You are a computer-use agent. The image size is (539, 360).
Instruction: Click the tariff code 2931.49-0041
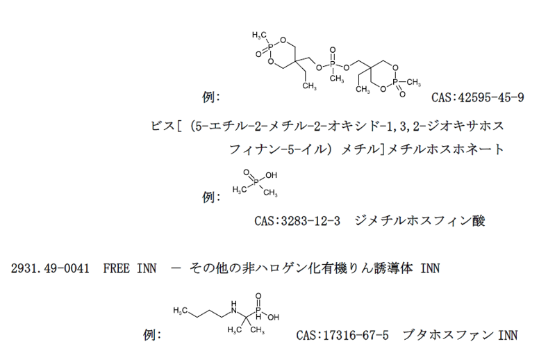coord(50,268)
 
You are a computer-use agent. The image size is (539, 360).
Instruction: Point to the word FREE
coord(116,268)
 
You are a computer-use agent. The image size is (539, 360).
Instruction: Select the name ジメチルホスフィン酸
coord(420,220)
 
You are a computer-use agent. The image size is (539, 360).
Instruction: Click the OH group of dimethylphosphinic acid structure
coord(271,175)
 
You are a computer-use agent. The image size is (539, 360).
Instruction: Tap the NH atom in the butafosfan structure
coord(234,308)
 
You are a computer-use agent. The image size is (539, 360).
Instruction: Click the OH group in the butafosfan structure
coord(273,318)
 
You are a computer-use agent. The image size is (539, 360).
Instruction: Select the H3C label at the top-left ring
coord(259,35)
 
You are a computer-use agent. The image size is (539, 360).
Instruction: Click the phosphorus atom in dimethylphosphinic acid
coord(256,181)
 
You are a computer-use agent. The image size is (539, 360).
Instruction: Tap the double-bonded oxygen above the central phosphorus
coord(333,50)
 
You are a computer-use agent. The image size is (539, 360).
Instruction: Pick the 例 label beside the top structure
coord(210,97)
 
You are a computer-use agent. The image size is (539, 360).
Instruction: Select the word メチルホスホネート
coord(445,149)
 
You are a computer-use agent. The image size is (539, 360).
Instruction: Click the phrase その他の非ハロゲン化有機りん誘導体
coord(301,268)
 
